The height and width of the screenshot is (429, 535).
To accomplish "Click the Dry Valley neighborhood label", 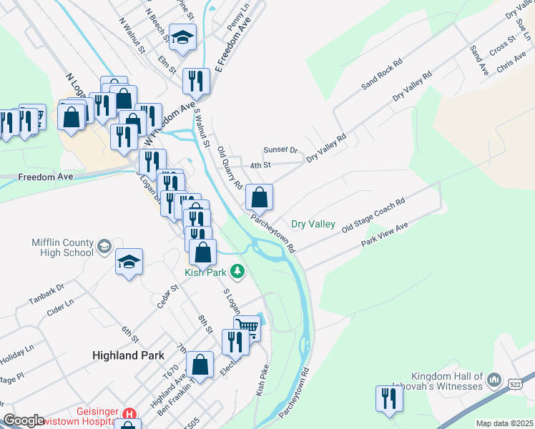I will point(313,225).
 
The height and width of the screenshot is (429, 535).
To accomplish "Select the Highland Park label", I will point(128,355).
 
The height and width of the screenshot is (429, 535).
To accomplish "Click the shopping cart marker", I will point(247,327).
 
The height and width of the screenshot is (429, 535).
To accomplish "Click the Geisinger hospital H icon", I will point(129,414).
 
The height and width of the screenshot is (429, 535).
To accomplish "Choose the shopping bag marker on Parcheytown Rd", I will point(259,197).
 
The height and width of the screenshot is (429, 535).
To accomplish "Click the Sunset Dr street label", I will point(280,150).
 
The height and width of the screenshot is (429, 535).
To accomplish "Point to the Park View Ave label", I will point(384,235).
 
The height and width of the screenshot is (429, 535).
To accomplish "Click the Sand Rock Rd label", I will point(383,74).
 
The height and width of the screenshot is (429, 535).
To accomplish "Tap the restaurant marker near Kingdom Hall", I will point(388,398).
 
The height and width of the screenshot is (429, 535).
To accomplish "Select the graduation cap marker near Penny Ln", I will point(183,37).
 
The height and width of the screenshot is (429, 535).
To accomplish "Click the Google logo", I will point(23,420).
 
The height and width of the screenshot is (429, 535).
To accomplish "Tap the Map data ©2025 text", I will point(504,423).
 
